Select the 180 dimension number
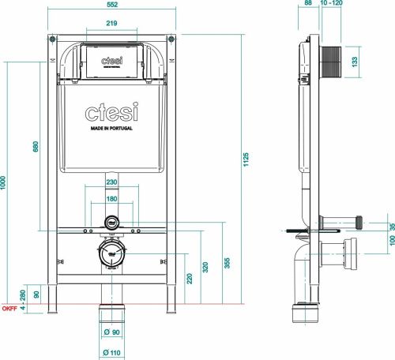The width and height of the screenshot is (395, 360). [x=111, y=200]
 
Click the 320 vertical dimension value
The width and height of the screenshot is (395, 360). [x=205, y=267]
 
